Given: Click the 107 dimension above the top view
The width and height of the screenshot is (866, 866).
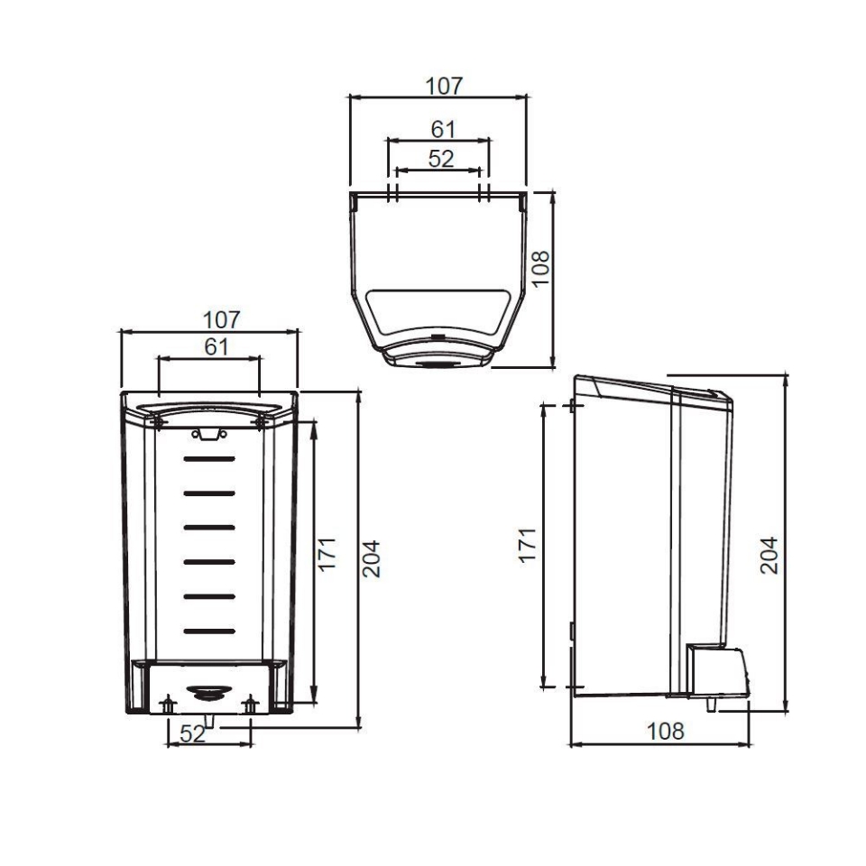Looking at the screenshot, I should pyautogui.click(x=444, y=87).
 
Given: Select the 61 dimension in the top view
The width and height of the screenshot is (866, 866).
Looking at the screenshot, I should pyautogui.click(x=442, y=129).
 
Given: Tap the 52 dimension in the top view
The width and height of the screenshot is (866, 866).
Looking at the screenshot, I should pyautogui.click(x=440, y=159).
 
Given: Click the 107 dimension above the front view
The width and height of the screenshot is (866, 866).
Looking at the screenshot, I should pyautogui.click(x=221, y=319).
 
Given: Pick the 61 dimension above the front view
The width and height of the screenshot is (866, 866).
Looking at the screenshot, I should pyautogui.click(x=216, y=346).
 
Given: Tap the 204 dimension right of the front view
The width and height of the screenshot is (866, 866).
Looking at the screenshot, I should pyautogui.click(x=371, y=558).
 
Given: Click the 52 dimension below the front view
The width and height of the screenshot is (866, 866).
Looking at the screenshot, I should pyautogui.click(x=192, y=734).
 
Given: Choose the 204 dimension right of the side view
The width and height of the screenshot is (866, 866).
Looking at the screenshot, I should pyautogui.click(x=768, y=555).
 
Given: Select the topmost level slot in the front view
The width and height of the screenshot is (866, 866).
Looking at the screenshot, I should pyautogui.click(x=209, y=458).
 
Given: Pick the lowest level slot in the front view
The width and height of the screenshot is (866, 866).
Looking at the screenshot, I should pyautogui.click(x=209, y=630).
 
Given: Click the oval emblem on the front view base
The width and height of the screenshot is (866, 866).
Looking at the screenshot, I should pyautogui.click(x=208, y=691).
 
